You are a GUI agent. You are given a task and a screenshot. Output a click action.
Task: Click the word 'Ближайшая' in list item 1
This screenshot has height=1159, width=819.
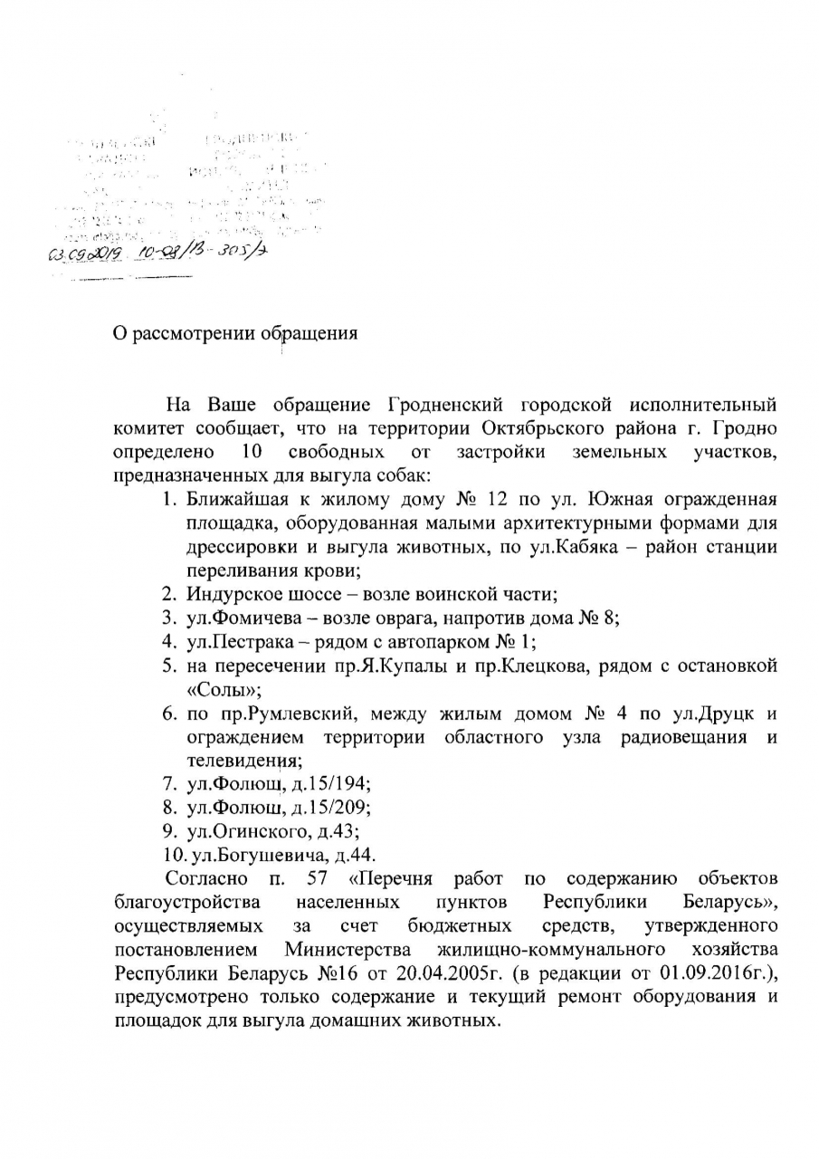tap(233, 499)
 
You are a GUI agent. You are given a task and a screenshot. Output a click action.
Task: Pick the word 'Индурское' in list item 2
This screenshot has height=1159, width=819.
tap(229, 595)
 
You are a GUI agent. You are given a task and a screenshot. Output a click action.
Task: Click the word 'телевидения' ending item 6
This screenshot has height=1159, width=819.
tap(242, 761)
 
